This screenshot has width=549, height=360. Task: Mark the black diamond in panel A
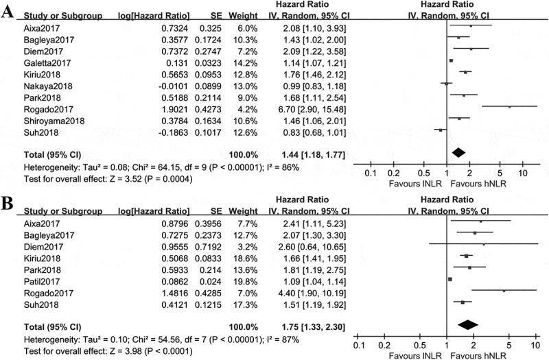[x=459, y=152]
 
